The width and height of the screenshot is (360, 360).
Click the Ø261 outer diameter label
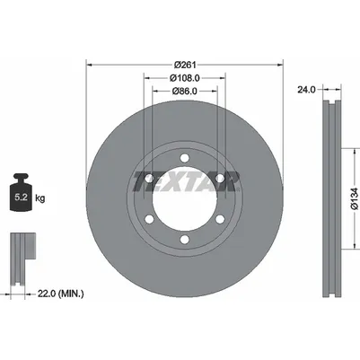(185, 65)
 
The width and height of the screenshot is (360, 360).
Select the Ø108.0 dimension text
(185, 78)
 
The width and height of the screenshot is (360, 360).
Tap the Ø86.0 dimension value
(185, 91)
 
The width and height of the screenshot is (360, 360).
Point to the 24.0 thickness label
(306, 90)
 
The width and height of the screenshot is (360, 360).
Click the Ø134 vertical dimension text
(355, 198)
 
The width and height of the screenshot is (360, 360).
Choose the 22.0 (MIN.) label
(61, 294)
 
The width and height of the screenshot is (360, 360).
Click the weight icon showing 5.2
(21, 192)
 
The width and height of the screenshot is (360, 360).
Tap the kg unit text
(40, 198)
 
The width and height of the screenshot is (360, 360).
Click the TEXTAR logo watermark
(186, 181)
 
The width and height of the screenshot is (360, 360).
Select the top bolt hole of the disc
(185, 158)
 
